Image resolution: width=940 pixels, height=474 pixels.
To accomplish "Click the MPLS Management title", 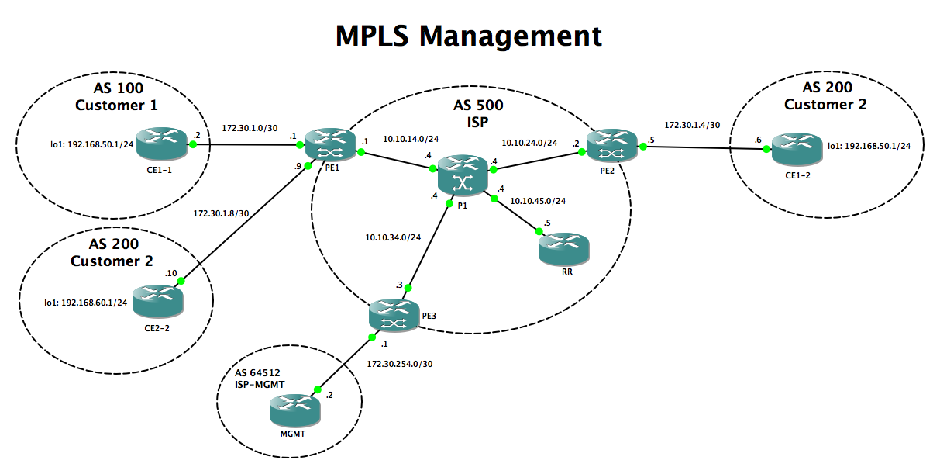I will [469, 36].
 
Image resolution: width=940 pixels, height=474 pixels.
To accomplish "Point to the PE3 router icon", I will [393, 315].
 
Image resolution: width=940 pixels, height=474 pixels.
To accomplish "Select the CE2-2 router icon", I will [156, 300].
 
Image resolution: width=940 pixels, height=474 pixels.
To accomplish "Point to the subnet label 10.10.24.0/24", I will [529, 142].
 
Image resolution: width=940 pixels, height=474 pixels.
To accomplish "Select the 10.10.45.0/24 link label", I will [538, 201].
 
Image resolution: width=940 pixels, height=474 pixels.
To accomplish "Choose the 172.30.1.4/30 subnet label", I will [692, 123].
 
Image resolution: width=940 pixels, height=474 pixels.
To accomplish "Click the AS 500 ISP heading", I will [477, 112].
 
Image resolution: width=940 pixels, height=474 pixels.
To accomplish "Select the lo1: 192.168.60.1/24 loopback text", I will [87, 302].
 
